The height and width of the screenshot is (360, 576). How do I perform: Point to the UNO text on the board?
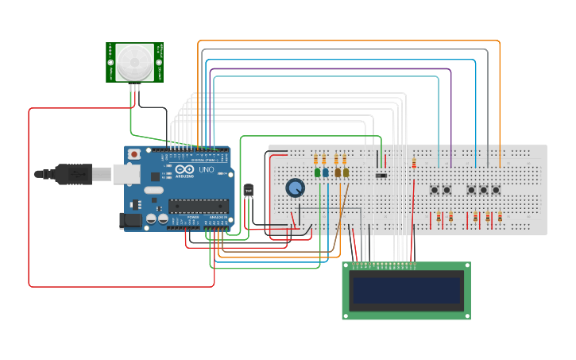[x=205, y=170]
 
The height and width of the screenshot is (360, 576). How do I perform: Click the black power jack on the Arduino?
[x=130, y=220]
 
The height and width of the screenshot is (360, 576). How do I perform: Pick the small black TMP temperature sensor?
[x=248, y=190]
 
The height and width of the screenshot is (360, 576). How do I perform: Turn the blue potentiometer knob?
[x=295, y=188]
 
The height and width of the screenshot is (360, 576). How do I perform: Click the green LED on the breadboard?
[x=317, y=172]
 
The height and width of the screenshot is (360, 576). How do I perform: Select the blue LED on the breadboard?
[x=326, y=172]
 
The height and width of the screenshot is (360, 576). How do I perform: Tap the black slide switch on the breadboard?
[x=381, y=175]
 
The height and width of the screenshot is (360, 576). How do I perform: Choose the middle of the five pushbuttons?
[x=471, y=190]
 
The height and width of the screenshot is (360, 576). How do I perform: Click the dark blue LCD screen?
[x=406, y=291]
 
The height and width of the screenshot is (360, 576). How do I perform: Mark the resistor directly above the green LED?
[x=317, y=158]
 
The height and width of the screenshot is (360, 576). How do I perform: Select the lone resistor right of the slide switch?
[x=414, y=164]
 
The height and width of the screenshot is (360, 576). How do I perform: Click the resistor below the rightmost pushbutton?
[x=500, y=217]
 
